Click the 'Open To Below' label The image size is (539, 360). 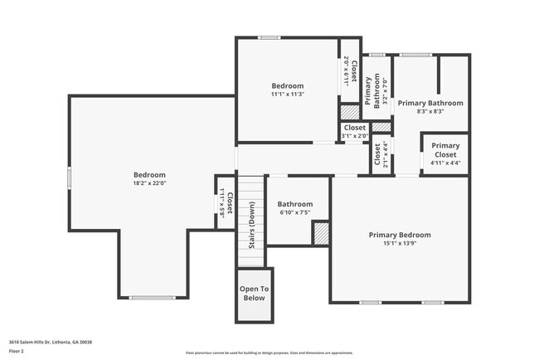pyautogui.click(x=255, y=293)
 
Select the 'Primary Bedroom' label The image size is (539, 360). pyautogui.click(x=400, y=235)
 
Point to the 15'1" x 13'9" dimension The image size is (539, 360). pyautogui.click(x=400, y=244)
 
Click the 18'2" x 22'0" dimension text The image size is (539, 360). pyautogui.click(x=150, y=184)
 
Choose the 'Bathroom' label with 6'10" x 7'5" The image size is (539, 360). pyautogui.click(x=295, y=204)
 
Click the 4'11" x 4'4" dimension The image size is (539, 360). pyautogui.click(x=445, y=163)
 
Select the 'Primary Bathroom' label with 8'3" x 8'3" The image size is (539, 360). pyautogui.click(x=430, y=103)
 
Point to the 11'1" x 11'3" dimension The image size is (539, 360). pyautogui.click(x=288, y=95)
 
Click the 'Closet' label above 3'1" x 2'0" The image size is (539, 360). pyautogui.click(x=355, y=128)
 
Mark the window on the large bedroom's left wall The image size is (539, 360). pyautogui.click(x=69, y=178)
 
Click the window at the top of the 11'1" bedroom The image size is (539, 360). pyautogui.click(x=269, y=37)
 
